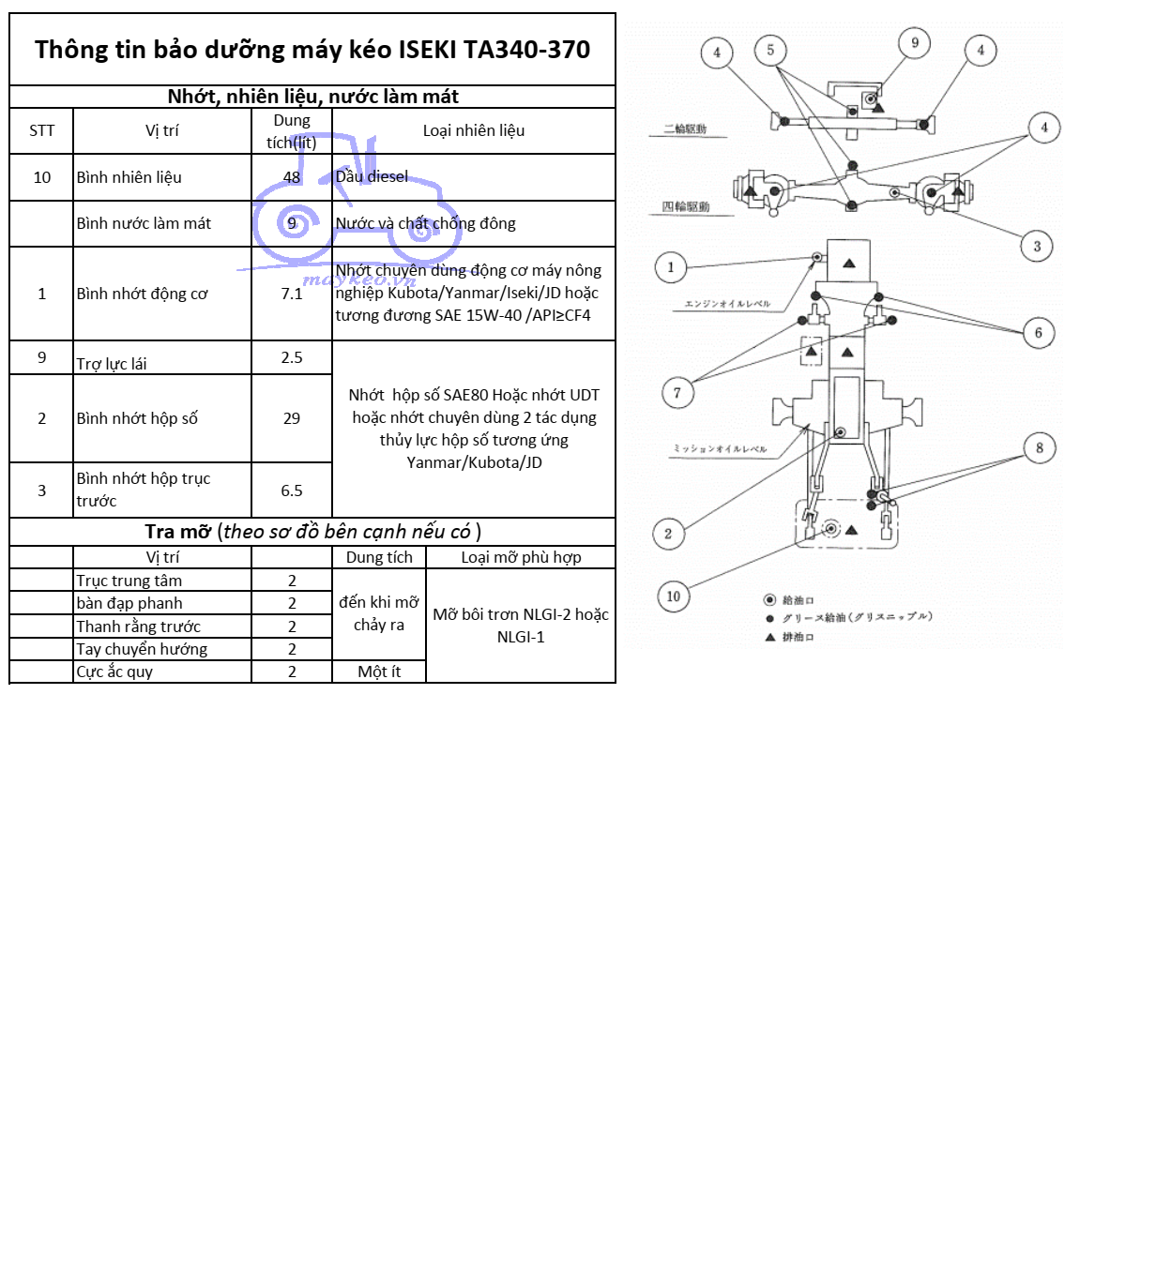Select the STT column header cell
[x=41, y=130]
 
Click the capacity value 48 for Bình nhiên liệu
[x=292, y=177]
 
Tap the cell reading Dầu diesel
[x=373, y=176]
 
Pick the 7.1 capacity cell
[x=292, y=294]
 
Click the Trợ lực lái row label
[x=112, y=363]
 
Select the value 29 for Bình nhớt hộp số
[x=292, y=418]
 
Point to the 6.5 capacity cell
[x=292, y=491]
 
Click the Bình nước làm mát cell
[x=144, y=223]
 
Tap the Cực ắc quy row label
[x=114, y=672]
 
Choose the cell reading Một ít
[x=379, y=672]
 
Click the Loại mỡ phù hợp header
[x=521, y=557]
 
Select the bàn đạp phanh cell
[x=129, y=603]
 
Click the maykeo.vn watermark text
[x=358, y=279]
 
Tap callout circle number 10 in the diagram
[x=673, y=596]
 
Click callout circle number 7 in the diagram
[x=677, y=393]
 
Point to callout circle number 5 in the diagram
[x=770, y=51]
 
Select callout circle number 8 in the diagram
[x=1039, y=448]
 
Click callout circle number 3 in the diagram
[x=1037, y=247]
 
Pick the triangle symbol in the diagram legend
[x=770, y=637]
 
